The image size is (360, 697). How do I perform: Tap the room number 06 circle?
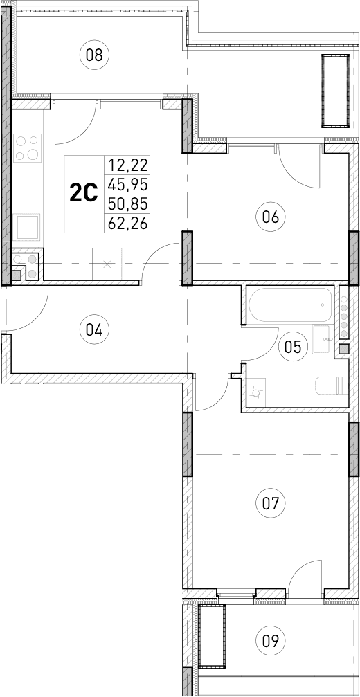pyautogui.click(x=270, y=217)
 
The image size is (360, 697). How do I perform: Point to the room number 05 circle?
pyautogui.click(x=294, y=346)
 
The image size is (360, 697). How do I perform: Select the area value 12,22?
pyautogui.click(x=127, y=165)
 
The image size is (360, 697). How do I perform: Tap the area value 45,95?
pyautogui.click(x=127, y=184)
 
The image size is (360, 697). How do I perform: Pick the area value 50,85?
pyautogui.click(x=127, y=203)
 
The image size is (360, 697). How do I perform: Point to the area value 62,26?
pyautogui.click(x=127, y=223)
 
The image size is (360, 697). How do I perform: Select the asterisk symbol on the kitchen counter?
pyautogui.click(x=106, y=263)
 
